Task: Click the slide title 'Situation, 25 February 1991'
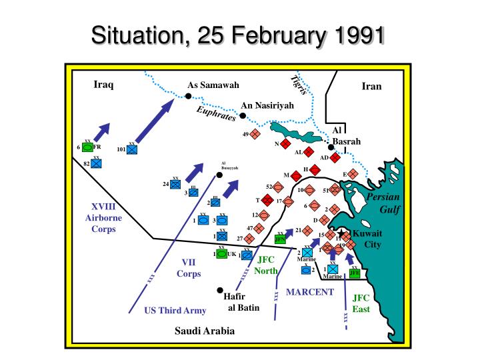click(x=240, y=33)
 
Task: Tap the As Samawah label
click(x=213, y=85)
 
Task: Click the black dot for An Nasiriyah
click(x=243, y=116)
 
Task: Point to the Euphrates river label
click(x=216, y=114)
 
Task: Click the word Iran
click(x=371, y=86)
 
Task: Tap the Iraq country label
click(x=103, y=85)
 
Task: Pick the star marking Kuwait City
click(x=341, y=233)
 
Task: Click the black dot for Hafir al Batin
click(x=219, y=291)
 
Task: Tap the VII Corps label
click(x=189, y=267)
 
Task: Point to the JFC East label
click(x=361, y=303)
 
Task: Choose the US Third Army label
click(x=175, y=310)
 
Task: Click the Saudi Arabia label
click(x=205, y=331)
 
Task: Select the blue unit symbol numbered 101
click(x=132, y=150)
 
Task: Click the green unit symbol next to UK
click(x=222, y=254)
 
